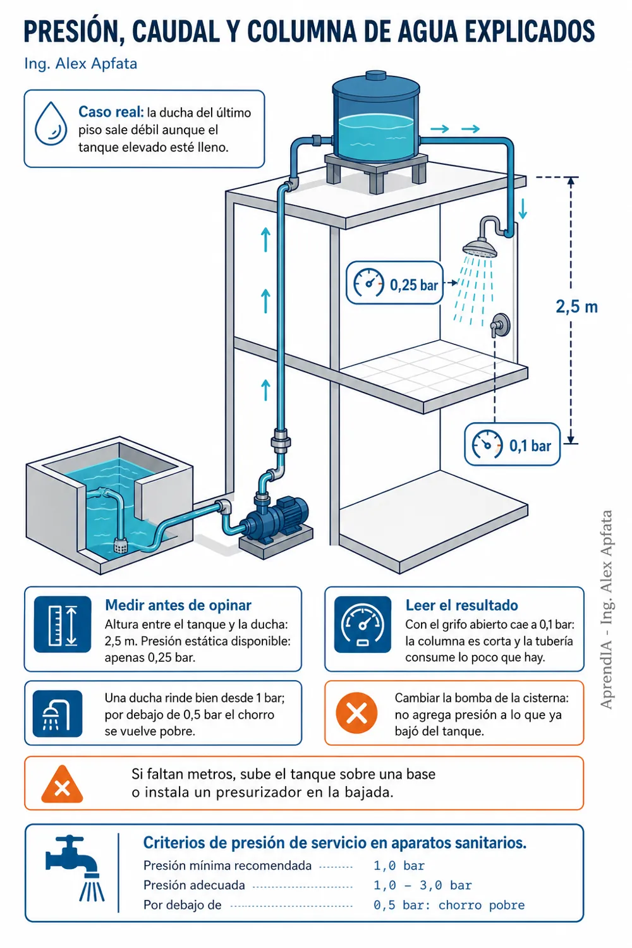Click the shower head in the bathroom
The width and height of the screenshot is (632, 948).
point(480,248)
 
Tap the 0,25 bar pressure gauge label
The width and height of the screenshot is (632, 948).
point(394,283)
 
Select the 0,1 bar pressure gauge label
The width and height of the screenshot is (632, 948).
point(512,444)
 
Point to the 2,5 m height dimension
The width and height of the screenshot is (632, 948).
point(576,307)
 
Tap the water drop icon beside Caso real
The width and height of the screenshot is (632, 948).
point(51,124)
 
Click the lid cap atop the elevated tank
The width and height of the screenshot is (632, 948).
point(375,76)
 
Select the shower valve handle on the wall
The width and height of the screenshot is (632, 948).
point(500,325)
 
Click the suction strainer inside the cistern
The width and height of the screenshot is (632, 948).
point(123,545)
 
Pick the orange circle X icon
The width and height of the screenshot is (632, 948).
point(356,713)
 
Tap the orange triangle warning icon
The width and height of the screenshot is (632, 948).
point(62,784)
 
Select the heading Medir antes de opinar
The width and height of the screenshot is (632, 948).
point(178,605)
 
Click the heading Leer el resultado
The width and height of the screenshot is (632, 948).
point(462,605)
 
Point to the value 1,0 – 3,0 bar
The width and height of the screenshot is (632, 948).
point(422,885)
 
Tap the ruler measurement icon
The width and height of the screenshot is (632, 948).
point(63,624)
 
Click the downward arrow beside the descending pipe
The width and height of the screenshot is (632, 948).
point(523,209)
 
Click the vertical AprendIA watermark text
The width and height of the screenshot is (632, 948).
point(606,609)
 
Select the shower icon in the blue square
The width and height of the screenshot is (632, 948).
point(58,714)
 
